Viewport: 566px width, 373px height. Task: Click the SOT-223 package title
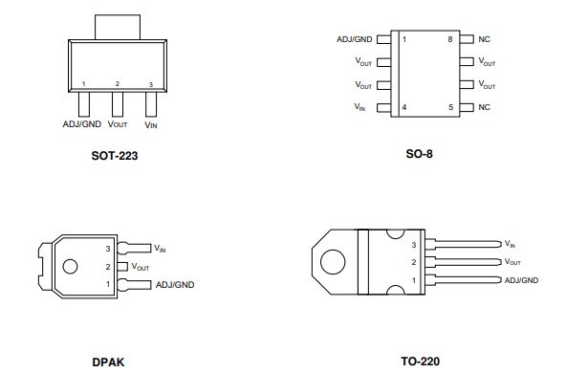click(x=115, y=156)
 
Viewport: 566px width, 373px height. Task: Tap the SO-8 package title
click(x=419, y=154)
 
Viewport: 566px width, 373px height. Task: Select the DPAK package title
click(x=108, y=362)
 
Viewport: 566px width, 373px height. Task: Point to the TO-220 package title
click(x=420, y=362)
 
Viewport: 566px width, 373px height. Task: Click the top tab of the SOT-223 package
click(x=118, y=27)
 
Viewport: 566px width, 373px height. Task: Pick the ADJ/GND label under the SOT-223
click(x=82, y=124)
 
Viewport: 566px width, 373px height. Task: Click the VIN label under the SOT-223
click(x=151, y=125)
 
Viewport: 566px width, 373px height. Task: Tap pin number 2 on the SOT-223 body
click(x=117, y=84)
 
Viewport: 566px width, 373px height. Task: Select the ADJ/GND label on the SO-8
click(x=354, y=39)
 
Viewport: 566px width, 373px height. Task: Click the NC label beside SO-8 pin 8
click(x=484, y=39)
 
